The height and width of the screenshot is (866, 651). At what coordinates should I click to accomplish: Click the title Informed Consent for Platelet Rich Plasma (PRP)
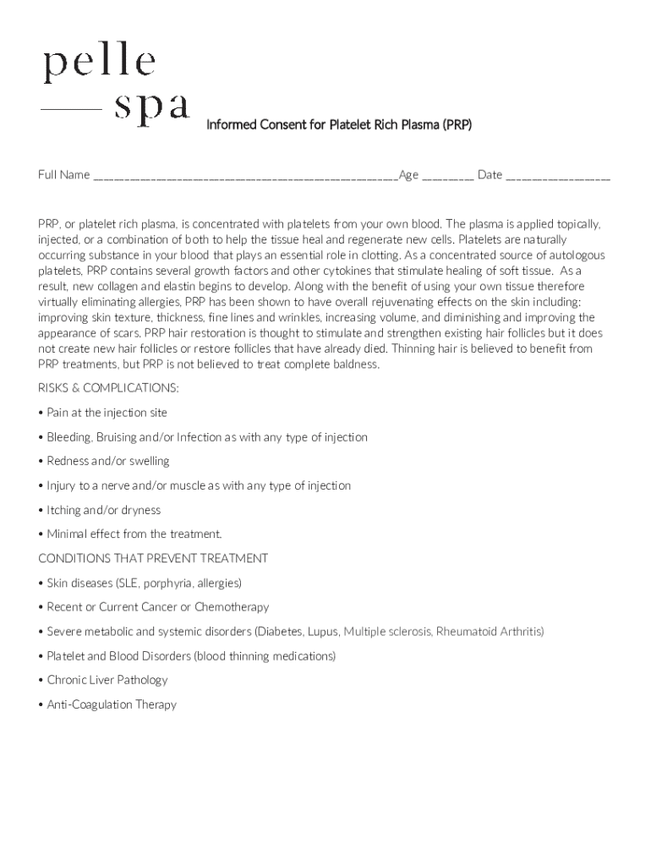coord(339,125)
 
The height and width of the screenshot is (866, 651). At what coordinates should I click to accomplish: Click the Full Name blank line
coord(245,177)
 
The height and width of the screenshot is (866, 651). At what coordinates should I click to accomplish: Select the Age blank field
coord(447,177)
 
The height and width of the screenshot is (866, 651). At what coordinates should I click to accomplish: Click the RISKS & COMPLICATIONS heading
coord(108,388)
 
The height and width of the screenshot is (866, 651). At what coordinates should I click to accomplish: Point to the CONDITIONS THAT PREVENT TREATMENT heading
coord(153,558)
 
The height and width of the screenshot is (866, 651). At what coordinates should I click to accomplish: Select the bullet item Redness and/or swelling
coord(107,461)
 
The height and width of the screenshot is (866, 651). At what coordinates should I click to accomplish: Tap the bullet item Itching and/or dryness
coord(103,510)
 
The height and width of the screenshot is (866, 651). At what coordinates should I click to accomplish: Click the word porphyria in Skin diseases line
coord(177,584)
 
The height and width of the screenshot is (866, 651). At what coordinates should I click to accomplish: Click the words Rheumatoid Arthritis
coord(489,632)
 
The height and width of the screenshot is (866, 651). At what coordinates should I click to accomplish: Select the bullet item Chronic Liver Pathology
coord(107,680)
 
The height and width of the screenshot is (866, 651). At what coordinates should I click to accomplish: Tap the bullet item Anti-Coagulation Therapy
coord(112,704)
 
